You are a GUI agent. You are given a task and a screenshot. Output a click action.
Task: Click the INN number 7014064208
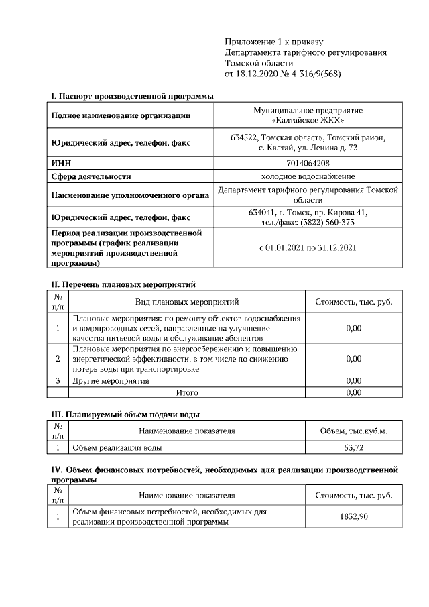(x=308, y=163)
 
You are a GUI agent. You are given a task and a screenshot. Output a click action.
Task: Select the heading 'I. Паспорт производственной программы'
(x=133, y=97)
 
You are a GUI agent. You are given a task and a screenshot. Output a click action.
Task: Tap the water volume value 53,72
(x=353, y=447)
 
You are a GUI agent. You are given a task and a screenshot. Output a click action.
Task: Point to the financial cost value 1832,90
(x=353, y=516)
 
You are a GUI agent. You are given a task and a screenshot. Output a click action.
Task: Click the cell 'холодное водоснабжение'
(x=308, y=176)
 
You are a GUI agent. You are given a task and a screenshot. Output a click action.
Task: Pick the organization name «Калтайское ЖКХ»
(x=309, y=121)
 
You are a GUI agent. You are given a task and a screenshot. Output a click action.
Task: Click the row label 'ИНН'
(x=61, y=163)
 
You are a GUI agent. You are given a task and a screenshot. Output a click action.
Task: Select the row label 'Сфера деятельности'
(x=91, y=176)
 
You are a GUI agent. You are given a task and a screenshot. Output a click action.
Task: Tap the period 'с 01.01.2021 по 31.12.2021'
(x=308, y=247)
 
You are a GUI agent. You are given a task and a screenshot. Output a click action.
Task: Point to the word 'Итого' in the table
(x=187, y=392)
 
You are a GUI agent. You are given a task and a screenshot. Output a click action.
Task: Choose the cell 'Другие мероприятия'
(x=111, y=381)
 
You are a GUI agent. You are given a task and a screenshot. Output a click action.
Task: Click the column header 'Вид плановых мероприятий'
(x=187, y=302)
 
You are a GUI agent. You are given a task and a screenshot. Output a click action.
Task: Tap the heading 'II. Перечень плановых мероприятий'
(x=123, y=285)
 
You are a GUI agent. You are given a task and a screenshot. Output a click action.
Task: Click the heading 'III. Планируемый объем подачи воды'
(x=125, y=415)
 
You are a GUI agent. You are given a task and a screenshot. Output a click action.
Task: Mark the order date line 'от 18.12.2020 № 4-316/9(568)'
(x=283, y=74)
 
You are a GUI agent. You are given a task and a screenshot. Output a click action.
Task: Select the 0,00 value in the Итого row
(x=353, y=392)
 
